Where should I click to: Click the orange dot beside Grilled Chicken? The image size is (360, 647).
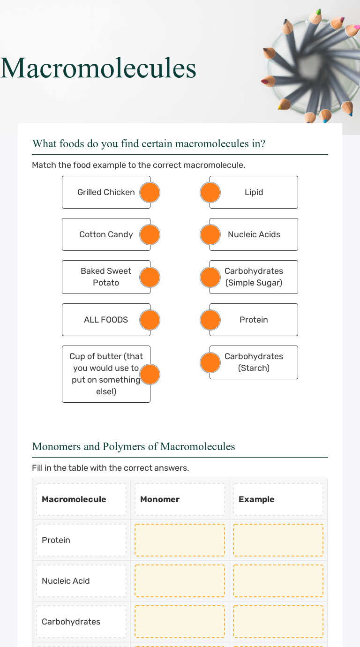coord(150,192)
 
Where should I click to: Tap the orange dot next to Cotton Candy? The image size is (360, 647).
coord(150,234)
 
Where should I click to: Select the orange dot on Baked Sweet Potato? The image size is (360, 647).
coord(150,277)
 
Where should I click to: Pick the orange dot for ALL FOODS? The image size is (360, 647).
coord(150,320)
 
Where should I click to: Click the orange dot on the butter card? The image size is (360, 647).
coord(150,374)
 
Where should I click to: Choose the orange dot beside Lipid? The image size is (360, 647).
coord(210,192)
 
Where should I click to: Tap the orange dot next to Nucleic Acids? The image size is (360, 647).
coord(210,234)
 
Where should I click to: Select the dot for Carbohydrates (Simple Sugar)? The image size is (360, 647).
coord(210,277)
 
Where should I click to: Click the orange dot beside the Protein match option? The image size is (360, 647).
coord(210,320)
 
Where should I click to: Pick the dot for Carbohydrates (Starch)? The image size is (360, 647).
coord(210,362)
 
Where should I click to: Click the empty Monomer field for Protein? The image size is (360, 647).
coord(180,540)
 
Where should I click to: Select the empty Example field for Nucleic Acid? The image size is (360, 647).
coord(278,581)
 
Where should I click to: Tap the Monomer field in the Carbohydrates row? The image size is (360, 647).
coord(180,622)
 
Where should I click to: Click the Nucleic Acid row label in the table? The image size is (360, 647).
coord(66,581)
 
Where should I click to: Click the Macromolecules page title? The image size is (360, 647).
coord(98,68)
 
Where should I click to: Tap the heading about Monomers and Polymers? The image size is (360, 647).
coord(134,446)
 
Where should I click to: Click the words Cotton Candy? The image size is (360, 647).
coord(106,234)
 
